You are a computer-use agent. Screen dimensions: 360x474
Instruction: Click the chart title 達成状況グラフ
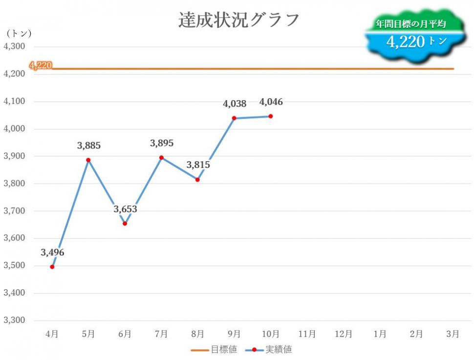(238, 20)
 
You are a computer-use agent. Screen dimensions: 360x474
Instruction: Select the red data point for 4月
(52, 267)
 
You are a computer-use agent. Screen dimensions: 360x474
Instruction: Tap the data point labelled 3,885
(88, 160)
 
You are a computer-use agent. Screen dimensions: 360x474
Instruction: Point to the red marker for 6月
(125, 223)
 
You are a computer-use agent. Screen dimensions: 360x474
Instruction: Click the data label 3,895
(161, 143)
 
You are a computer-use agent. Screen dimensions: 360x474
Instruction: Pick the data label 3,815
(198, 165)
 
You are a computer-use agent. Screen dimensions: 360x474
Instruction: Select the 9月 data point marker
(234, 118)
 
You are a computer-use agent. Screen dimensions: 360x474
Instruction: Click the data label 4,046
(271, 102)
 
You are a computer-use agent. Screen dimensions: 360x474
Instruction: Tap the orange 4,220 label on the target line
(41, 65)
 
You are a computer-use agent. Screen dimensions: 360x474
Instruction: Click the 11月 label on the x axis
(307, 334)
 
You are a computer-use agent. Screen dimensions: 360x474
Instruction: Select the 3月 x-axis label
(452, 334)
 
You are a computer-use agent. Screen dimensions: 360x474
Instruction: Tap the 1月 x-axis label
(380, 334)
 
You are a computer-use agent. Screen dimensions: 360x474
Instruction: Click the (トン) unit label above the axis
(19, 33)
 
